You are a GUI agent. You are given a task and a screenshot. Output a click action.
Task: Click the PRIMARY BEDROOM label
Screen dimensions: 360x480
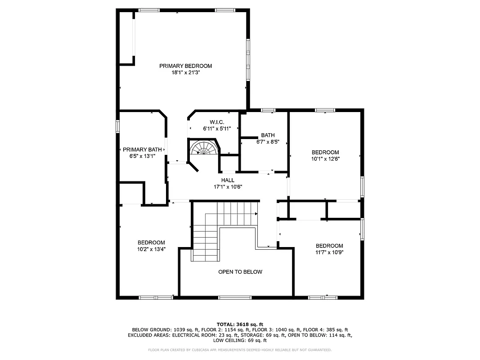tap(185, 66)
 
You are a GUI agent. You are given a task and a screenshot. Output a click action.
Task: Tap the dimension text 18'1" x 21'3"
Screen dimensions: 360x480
tap(185, 72)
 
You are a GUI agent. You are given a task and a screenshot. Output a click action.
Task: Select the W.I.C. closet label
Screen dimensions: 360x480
tap(217, 122)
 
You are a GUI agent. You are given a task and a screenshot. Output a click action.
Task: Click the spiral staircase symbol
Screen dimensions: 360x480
tap(204, 148)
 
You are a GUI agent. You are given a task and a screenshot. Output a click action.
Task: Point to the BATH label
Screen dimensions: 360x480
tap(268, 135)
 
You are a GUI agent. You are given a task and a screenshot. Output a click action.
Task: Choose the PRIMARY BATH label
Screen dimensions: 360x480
tap(142, 150)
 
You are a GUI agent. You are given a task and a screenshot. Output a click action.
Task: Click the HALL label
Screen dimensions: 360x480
tap(228, 180)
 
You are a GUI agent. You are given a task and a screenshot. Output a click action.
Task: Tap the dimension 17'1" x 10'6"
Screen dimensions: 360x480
tap(228, 187)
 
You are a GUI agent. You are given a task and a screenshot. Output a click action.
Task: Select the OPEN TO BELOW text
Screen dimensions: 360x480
tap(240, 272)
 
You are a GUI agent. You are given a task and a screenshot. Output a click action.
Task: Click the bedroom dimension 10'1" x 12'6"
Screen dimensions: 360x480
tap(325, 158)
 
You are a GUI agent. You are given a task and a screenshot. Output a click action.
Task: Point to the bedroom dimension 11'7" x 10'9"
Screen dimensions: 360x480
tap(329, 252)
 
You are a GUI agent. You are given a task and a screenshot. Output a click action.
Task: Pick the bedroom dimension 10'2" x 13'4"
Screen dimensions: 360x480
tap(151, 249)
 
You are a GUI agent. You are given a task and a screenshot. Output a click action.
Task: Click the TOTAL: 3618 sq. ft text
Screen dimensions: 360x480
tap(240, 324)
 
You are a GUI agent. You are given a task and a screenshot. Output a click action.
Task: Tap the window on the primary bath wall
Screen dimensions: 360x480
tap(117, 126)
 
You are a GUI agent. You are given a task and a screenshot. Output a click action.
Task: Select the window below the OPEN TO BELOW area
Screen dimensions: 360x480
tap(235, 297)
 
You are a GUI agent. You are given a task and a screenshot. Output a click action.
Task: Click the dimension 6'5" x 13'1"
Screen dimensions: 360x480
tap(142, 156)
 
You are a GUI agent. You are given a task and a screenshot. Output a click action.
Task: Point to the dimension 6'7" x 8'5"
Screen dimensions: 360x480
tap(268, 142)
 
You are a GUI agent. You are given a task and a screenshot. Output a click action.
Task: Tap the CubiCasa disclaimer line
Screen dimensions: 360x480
tap(240, 350)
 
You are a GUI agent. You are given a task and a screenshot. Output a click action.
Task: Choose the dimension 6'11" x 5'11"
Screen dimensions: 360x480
tap(217, 129)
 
